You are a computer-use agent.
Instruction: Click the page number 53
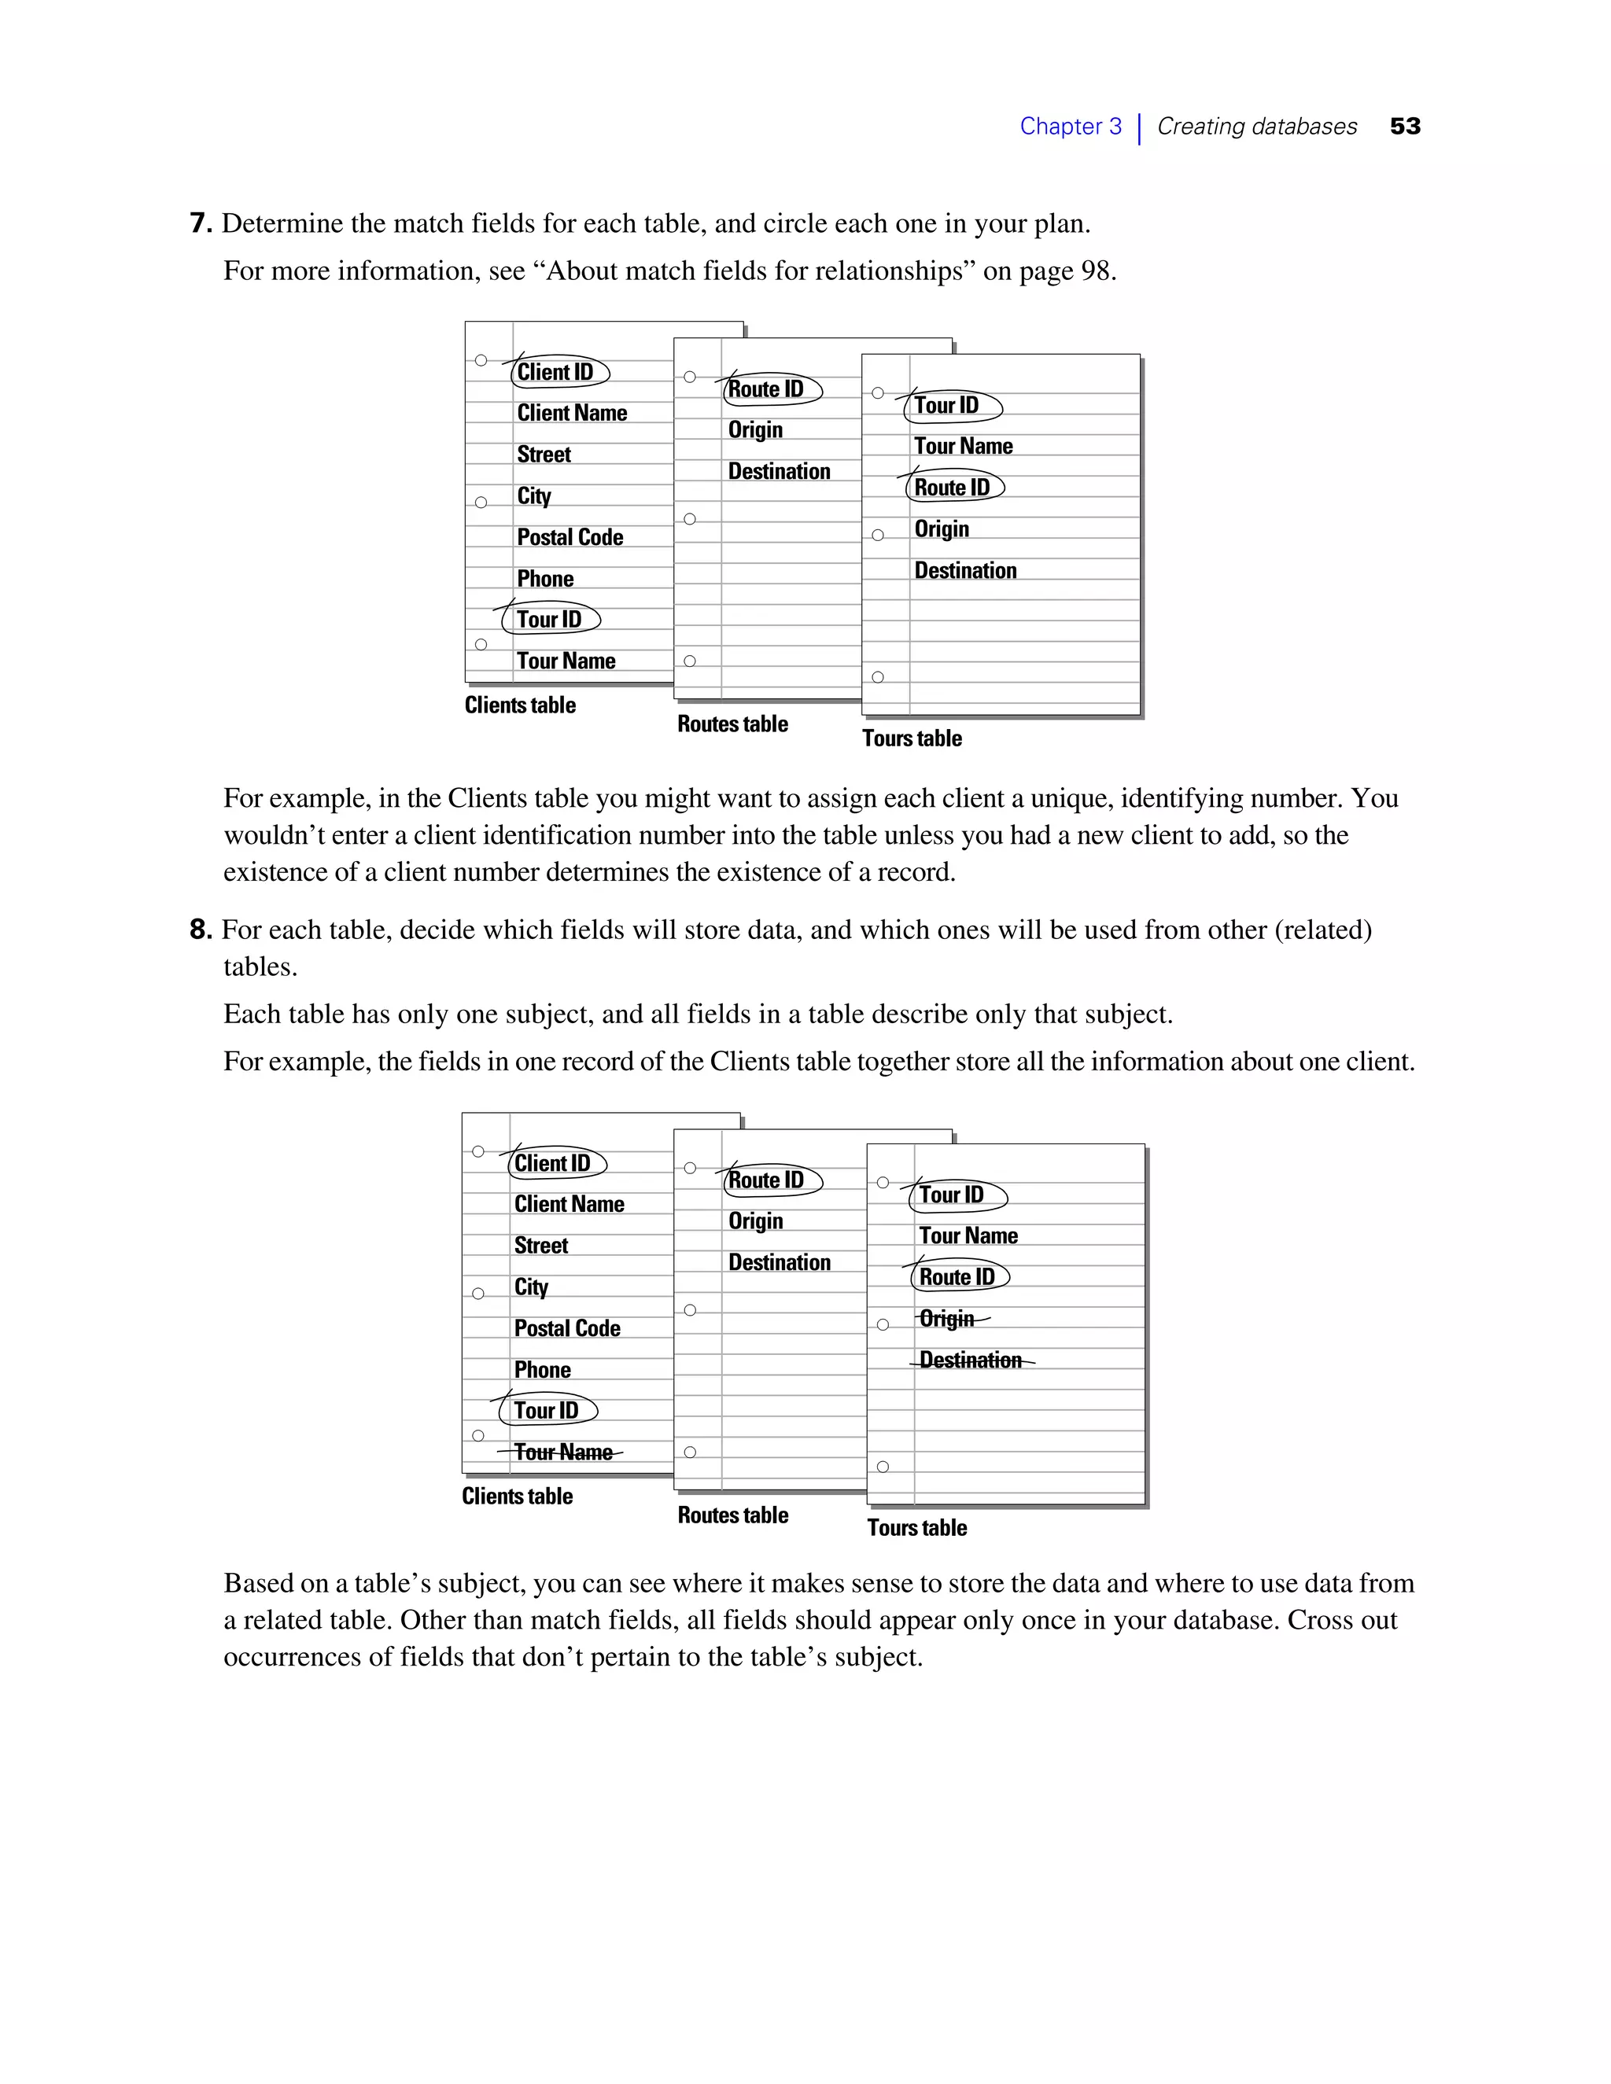pos(1405,126)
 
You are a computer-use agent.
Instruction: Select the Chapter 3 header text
pos(1070,126)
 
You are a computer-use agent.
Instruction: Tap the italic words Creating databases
pos(1256,126)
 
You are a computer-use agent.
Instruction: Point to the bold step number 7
pos(200,223)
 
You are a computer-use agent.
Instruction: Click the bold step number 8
pos(200,930)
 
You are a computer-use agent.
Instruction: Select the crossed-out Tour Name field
pos(563,1453)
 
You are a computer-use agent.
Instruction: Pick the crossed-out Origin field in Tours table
pos(947,1319)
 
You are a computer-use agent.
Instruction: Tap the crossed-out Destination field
pos(971,1360)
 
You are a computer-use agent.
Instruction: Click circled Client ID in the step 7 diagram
pos(555,372)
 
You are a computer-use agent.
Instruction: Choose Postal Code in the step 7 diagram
pos(570,537)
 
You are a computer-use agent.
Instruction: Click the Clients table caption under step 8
pos(518,1497)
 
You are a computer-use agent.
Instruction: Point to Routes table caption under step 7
pos(733,724)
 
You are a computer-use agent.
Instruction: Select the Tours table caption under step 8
pos(917,1528)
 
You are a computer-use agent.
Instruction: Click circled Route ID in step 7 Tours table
pos(953,488)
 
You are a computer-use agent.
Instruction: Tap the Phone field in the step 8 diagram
pos(542,1370)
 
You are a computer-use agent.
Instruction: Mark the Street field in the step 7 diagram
pos(544,455)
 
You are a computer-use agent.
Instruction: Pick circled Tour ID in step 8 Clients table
pos(546,1410)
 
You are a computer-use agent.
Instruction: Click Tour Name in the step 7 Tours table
pos(963,446)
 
